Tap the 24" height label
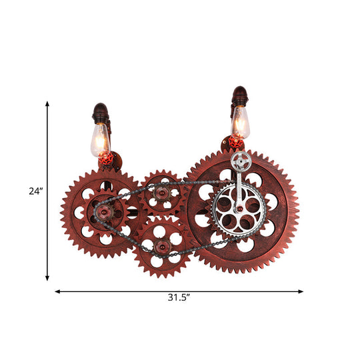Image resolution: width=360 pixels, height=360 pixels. pyautogui.click(x=35, y=191)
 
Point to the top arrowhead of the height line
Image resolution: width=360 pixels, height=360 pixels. pyautogui.click(x=47, y=105)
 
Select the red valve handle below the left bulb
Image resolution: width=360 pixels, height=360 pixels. pyautogui.click(x=105, y=161)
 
